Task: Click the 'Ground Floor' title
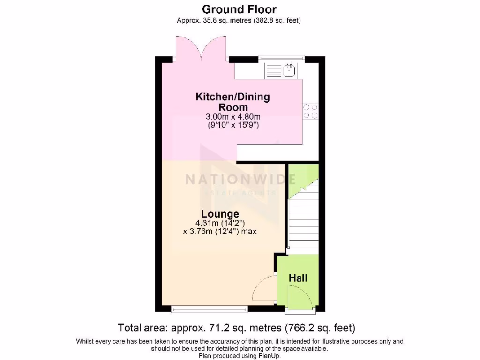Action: click(x=240, y=9)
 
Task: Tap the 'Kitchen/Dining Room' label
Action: click(x=232, y=102)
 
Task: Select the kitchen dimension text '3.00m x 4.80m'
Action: click(x=232, y=117)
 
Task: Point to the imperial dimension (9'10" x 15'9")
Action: click(x=233, y=125)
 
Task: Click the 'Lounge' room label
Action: click(x=220, y=214)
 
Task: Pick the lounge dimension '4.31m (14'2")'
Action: click(x=220, y=223)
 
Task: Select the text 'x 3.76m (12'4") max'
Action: click(x=220, y=231)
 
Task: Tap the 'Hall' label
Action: click(x=298, y=278)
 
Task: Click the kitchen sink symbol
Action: click(x=289, y=71)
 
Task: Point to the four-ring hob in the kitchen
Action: click(x=310, y=111)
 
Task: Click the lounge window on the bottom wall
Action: click(x=210, y=308)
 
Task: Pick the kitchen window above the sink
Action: click(x=282, y=58)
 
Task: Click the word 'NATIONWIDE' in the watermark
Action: click(x=240, y=179)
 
